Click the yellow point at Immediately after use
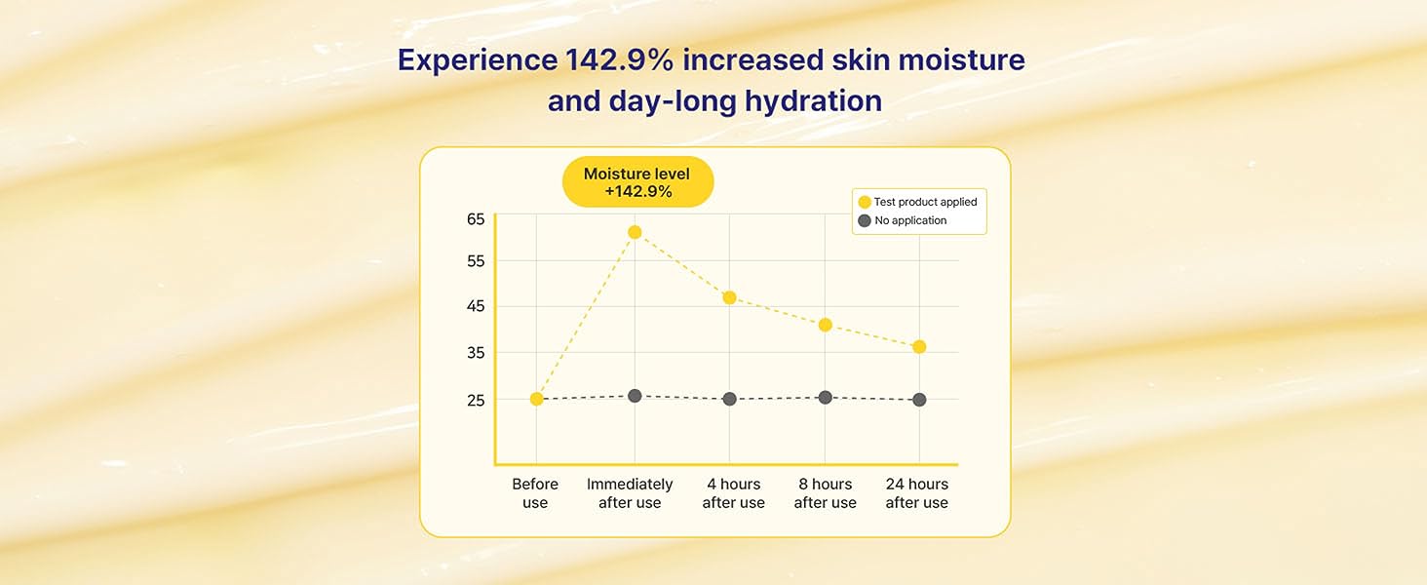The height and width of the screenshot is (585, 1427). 635,232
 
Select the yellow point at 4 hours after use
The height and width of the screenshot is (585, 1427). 729,297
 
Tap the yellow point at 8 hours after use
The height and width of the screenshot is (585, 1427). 826,325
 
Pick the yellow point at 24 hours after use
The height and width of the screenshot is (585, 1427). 919,347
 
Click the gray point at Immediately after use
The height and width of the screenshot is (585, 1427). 635,396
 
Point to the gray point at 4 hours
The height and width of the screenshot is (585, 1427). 729,399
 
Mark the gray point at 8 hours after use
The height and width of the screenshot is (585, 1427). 826,397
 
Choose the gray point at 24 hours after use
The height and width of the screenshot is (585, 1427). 919,400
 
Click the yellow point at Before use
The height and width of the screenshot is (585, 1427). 536,399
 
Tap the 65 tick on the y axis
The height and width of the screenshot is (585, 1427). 476,219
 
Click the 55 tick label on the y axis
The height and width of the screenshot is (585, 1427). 476,261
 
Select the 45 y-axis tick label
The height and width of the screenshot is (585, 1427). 476,307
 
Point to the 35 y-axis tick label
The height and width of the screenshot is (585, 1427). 476,353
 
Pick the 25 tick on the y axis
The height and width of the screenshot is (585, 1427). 476,400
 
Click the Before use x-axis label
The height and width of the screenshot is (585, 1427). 535,493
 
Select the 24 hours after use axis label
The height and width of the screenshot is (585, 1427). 916,493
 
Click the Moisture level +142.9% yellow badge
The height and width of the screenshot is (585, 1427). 637,182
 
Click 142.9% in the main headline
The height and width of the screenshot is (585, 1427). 619,60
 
